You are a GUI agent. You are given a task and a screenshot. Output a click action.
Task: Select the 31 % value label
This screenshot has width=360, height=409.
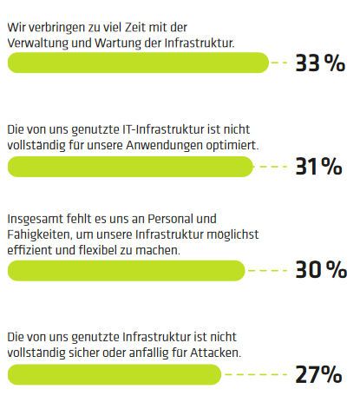tap(318, 167)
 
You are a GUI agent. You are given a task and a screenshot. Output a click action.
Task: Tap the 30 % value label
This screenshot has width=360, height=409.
tap(319, 270)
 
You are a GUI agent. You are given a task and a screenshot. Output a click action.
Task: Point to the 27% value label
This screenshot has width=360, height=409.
tap(318, 374)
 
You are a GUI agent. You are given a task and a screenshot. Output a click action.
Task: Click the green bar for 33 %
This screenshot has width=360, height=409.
tap(139, 63)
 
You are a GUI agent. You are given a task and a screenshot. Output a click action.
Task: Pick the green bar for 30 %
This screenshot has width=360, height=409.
tap(127, 270)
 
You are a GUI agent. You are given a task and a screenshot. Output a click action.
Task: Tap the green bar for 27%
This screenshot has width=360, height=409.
tap(113, 374)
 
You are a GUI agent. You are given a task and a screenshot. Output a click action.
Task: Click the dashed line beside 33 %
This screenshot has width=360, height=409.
tap(279, 63)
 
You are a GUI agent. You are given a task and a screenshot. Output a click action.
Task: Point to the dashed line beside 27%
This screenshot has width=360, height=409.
tap(257, 374)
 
